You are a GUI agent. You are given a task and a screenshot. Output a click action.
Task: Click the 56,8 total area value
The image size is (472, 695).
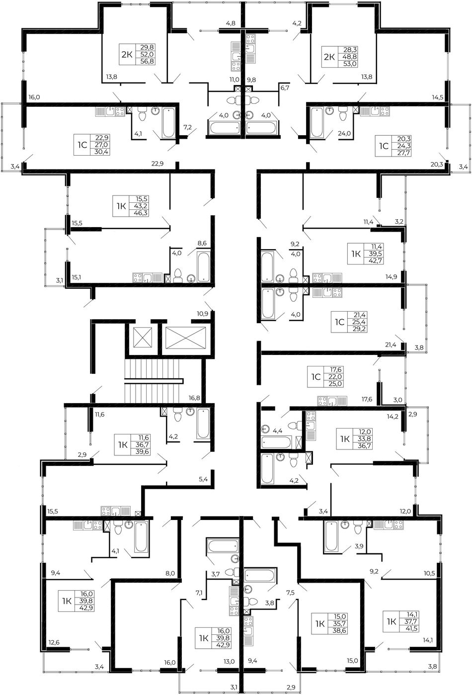click(x=147, y=61)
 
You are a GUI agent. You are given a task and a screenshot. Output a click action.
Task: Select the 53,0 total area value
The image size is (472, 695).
click(x=350, y=64)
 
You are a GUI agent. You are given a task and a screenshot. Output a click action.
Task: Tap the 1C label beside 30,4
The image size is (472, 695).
click(x=82, y=145)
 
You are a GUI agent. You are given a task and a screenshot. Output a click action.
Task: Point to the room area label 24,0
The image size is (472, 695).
click(x=344, y=133)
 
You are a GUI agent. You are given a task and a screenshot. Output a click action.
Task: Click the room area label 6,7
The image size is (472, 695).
click(x=285, y=88)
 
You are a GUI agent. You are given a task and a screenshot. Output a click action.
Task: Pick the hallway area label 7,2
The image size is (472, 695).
click(x=188, y=127)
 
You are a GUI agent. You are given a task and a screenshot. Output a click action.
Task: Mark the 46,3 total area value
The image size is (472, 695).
click(x=142, y=213)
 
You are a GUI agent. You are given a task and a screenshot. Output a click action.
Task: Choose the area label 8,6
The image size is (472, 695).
click(x=202, y=243)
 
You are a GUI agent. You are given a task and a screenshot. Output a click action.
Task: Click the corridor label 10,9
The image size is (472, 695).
click(x=202, y=313)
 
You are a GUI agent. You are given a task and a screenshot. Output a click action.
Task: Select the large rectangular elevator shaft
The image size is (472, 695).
click(x=185, y=337)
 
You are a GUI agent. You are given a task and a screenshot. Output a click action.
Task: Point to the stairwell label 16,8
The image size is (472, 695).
click(x=194, y=398)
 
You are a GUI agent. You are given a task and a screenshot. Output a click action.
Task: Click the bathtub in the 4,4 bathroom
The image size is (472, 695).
click(x=277, y=442)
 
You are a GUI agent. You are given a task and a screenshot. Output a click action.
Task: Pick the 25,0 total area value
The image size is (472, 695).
click(x=336, y=383)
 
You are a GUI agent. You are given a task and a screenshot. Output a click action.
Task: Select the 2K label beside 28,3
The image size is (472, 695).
click(x=329, y=57)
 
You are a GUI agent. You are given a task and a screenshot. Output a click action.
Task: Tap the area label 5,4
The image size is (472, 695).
click(x=203, y=479)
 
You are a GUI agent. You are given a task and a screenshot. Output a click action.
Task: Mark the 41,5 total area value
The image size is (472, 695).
click(x=413, y=628)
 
